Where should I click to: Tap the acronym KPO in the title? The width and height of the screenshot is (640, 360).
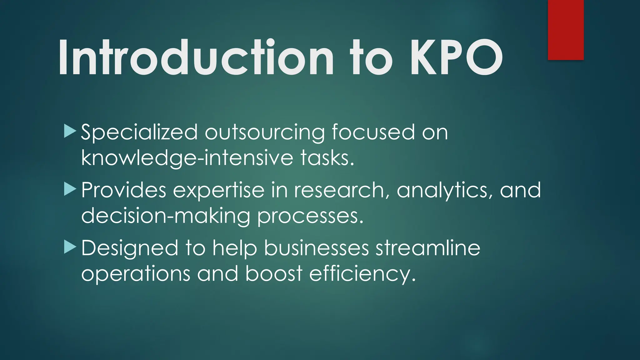[456, 58]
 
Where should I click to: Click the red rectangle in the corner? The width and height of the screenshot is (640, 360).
[566, 30]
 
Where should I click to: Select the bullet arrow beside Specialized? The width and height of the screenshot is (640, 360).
[70, 131]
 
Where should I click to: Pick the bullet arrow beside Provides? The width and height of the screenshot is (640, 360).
[70, 189]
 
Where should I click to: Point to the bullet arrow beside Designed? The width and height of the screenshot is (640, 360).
[70, 247]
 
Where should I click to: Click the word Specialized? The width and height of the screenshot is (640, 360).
[139, 132]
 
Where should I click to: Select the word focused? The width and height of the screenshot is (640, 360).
[373, 132]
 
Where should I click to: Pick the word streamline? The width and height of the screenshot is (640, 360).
[428, 248]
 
